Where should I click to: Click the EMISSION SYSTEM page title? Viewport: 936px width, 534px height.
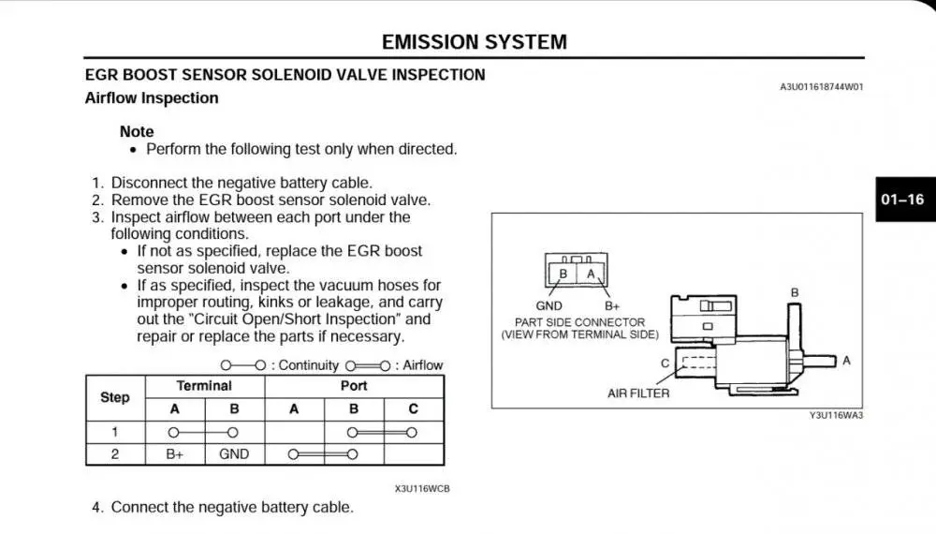coord(474,42)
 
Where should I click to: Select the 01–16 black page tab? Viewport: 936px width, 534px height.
coord(902,200)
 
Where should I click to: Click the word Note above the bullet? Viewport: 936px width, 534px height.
coord(137,132)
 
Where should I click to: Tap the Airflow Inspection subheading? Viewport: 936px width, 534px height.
coord(152,98)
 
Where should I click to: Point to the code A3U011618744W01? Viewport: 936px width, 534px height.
coord(821,87)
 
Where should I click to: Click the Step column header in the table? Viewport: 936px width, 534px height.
coord(115,397)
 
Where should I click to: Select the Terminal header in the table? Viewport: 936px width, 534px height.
coord(204,386)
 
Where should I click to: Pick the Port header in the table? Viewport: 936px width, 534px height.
coord(354,386)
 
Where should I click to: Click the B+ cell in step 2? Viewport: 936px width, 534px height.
coord(174,454)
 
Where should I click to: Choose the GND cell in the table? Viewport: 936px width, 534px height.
coord(234,454)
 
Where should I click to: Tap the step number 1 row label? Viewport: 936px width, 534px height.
coord(115,432)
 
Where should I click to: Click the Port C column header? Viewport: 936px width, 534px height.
coord(414,409)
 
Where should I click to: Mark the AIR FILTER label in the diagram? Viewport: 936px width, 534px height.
coord(638,393)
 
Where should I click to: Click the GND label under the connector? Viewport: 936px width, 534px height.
coord(548,306)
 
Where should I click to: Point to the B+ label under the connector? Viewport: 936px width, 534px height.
coord(613,306)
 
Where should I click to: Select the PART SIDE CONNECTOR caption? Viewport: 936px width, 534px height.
coord(580,322)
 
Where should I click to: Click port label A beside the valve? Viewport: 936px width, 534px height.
coord(846,360)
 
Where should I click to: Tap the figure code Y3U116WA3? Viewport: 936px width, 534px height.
coord(836,416)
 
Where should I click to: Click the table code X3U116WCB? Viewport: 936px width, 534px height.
coord(416,488)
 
